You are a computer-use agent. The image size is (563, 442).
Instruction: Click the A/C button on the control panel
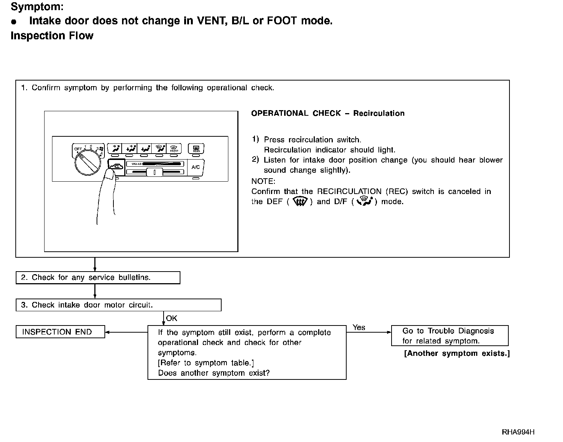195,167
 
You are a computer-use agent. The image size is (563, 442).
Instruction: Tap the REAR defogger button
196,149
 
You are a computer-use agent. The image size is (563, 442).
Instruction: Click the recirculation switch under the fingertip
117,165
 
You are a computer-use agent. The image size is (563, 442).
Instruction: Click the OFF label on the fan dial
78,149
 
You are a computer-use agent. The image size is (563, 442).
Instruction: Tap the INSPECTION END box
60,332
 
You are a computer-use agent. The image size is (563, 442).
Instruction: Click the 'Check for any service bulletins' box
98,278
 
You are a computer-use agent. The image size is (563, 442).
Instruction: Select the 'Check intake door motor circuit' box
118,305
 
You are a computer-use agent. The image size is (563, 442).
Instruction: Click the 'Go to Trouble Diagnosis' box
450,336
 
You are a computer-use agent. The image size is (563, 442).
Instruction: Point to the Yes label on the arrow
359,327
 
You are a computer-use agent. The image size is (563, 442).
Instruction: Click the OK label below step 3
171,318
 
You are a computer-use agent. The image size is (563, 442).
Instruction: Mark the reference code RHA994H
518,432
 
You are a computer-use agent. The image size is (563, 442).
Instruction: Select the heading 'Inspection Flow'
52,36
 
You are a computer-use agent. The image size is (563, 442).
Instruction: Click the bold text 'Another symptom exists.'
457,353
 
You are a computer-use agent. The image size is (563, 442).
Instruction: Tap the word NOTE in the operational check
263,181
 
